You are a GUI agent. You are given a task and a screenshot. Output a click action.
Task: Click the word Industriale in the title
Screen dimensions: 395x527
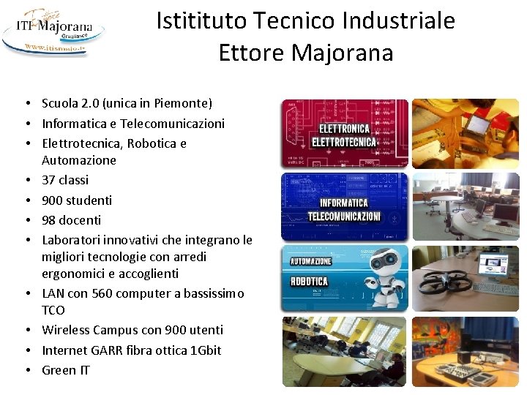click(395, 20)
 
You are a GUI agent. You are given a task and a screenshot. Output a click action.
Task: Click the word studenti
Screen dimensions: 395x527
click(89, 200)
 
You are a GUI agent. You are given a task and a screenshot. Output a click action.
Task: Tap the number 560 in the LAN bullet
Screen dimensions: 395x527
click(104, 293)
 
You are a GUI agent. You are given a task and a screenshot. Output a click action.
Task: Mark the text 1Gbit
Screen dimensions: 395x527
click(205, 350)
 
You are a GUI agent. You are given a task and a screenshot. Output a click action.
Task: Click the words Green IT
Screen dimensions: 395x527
click(66, 370)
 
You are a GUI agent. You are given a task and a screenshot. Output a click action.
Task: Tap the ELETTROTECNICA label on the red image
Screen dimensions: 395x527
click(343, 142)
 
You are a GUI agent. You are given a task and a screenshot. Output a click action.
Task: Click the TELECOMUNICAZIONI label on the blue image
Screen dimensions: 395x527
click(344, 217)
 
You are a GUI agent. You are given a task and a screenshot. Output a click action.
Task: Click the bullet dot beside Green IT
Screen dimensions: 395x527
click(26, 370)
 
